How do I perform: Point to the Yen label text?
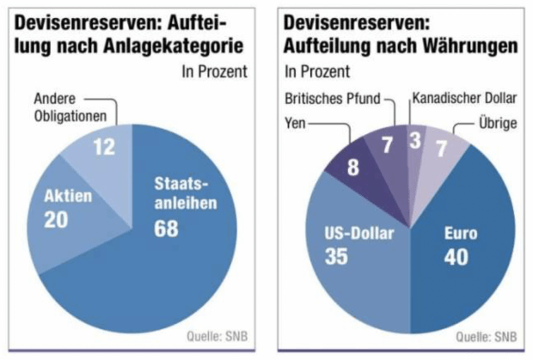click(295, 122)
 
